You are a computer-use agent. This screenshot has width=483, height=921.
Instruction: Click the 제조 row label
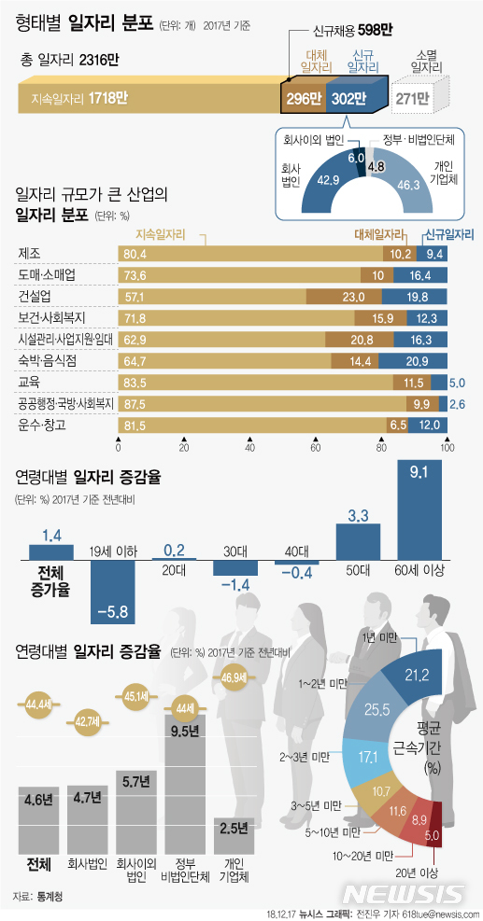29,253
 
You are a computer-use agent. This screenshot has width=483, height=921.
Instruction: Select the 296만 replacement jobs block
303,98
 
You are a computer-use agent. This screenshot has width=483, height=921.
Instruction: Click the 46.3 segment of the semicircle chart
405,186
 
